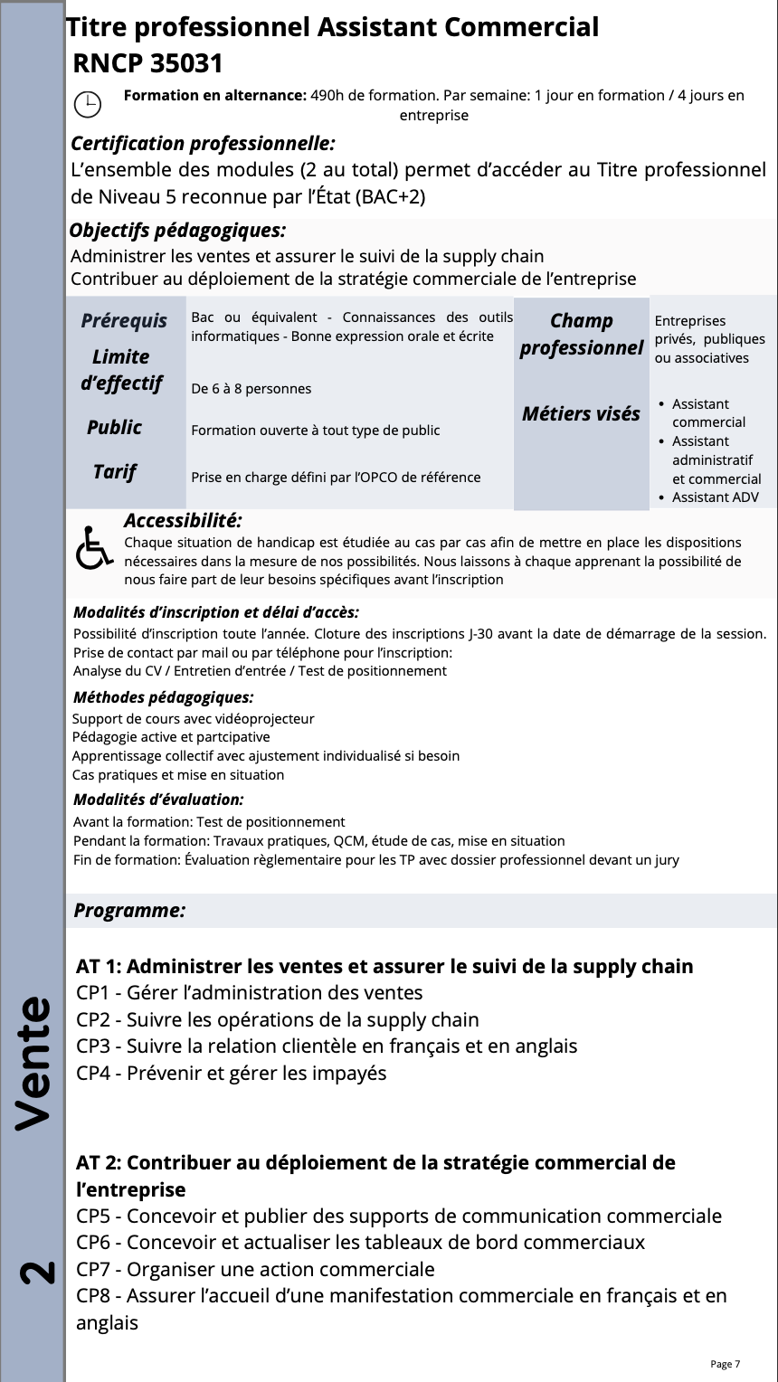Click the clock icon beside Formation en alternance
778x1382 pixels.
tap(87, 105)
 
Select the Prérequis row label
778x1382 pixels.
tap(124, 321)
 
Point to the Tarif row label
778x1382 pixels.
tap(115, 471)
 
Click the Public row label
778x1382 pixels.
tap(115, 427)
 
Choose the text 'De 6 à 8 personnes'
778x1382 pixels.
tap(251, 389)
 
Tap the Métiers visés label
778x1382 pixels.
tap(581, 414)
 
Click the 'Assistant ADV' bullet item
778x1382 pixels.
tap(715, 497)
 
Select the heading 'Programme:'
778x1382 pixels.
tap(129, 911)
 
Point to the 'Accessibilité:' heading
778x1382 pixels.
tap(183, 521)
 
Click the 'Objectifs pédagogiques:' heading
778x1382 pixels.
tap(177, 231)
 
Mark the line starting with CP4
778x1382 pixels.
tap(232, 1073)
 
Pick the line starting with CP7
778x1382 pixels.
tap(255, 1269)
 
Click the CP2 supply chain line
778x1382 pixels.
tap(278, 1019)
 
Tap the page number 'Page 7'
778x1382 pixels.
tap(725, 1364)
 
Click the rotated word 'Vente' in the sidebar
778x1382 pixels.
tap(33, 1063)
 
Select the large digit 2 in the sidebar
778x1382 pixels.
tap(36, 1272)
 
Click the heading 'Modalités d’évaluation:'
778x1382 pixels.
tap(158, 800)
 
